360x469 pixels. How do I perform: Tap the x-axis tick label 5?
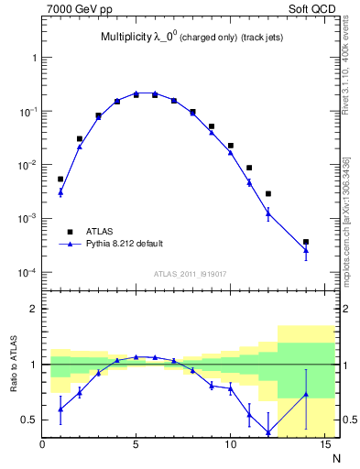click(136, 446)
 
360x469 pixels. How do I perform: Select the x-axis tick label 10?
click(230, 446)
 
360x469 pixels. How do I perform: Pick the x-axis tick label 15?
click(323, 446)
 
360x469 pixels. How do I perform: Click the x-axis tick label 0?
click(42, 446)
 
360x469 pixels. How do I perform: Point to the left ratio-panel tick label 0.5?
click(30, 420)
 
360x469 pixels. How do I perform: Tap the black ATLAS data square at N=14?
click(306, 242)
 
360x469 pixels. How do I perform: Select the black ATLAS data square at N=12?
click(268, 193)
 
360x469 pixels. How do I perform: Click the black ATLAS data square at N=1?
click(60, 180)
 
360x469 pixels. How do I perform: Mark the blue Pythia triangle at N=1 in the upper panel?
click(60, 191)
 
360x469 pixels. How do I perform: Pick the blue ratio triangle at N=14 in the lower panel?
click(306, 394)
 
